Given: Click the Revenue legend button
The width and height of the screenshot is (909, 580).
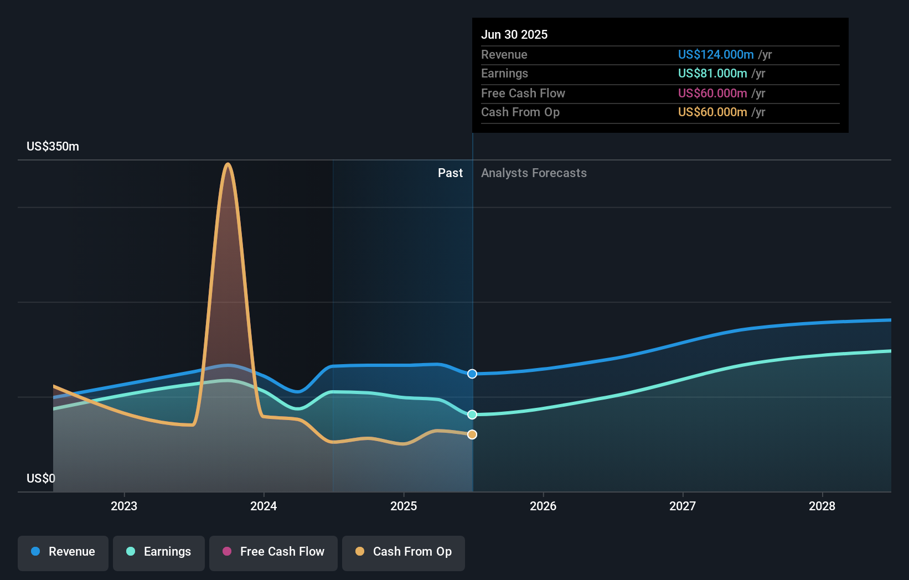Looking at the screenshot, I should coord(63,552).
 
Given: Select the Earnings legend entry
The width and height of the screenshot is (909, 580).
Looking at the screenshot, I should coord(159,552).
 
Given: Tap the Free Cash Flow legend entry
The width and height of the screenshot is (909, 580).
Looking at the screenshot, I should coord(273,552).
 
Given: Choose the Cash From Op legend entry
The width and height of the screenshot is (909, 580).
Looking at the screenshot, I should coord(404,552).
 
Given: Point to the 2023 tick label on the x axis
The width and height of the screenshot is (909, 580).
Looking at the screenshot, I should coord(124,506).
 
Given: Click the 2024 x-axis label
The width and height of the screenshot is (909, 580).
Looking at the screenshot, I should coord(264,506).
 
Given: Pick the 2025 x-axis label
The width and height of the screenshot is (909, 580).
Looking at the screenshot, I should coord(404,506).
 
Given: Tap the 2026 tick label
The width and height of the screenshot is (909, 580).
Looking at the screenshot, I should coord(543,506).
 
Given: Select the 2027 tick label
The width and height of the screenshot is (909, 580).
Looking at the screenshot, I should coord(683,506).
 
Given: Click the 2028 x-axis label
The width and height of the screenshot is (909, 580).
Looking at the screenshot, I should coord(822,506).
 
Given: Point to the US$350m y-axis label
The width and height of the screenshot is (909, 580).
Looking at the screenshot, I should coord(53,147).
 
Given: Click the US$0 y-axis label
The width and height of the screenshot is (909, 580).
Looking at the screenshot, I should coord(41,479).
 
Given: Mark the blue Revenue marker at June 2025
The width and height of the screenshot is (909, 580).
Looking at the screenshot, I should coord(472,374).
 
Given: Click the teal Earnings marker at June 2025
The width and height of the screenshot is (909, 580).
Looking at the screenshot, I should coord(472,415).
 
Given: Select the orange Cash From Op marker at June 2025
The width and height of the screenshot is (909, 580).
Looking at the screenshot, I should coord(472,434).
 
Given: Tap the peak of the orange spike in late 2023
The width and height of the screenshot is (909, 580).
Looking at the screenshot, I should coord(228,164).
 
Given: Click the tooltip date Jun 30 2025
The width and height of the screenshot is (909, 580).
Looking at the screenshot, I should coord(514,35).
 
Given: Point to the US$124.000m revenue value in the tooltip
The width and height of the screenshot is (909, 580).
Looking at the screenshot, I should coord(716,55).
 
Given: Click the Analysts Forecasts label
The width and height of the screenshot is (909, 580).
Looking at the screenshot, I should coord(534,173).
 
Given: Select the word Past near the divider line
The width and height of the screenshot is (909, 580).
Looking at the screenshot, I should coord(450,173).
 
